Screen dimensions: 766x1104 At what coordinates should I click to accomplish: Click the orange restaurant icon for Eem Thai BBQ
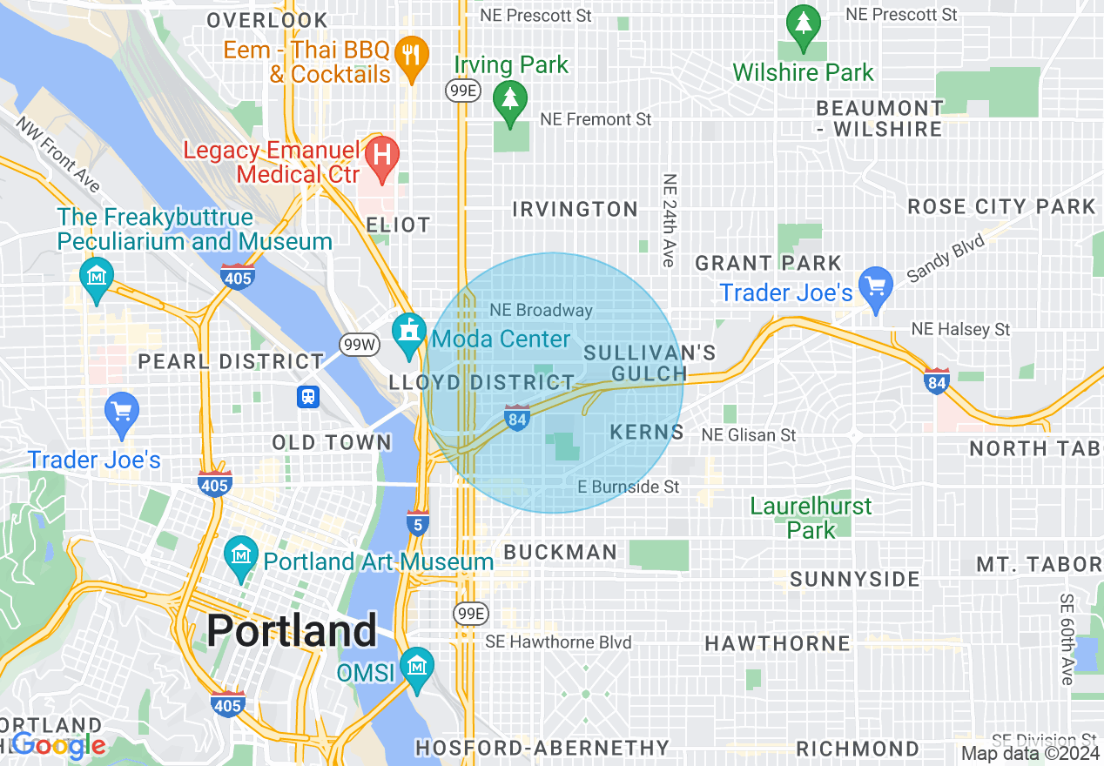pos(408,54)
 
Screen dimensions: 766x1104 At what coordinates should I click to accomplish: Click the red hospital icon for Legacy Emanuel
pos(380,155)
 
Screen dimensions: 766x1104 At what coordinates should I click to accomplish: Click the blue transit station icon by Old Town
pos(307,398)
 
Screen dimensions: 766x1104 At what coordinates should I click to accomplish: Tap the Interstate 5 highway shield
pos(418,523)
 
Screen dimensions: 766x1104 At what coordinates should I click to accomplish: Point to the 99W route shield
pos(359,344)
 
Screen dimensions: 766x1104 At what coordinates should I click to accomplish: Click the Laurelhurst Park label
pos(811,517)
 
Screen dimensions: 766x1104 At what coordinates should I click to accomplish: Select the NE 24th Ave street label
pos(669,221)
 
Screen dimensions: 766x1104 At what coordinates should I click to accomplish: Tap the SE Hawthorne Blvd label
pos(558,642)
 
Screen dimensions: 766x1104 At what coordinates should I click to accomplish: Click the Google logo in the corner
pos(59,745)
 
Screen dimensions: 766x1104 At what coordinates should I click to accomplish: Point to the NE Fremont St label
pos(596,119)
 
